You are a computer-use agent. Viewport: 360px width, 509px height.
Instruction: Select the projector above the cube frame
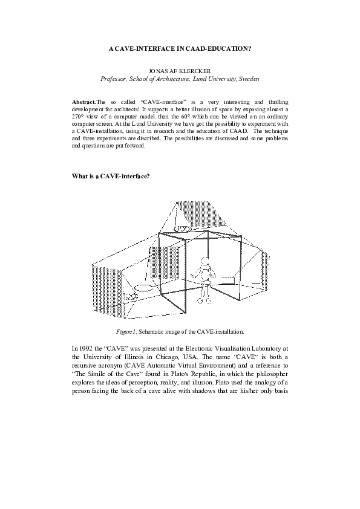[x=183, y=229]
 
